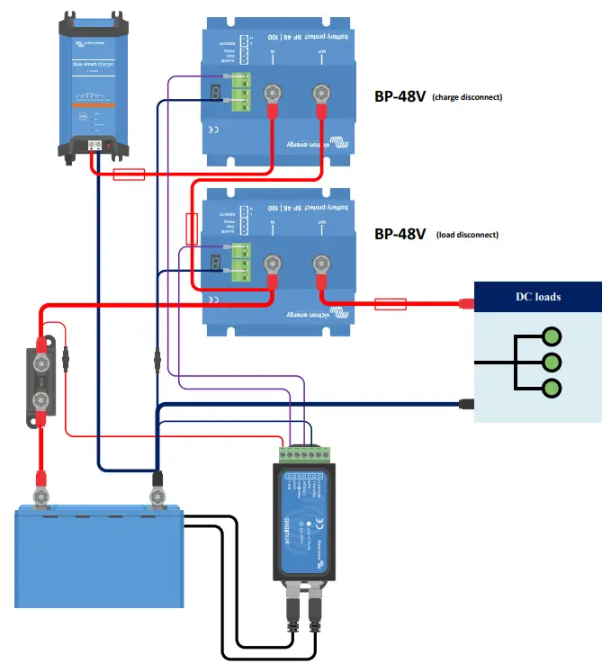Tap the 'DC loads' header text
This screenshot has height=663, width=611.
click(537, 296)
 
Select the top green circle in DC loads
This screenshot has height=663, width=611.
click(552, 336)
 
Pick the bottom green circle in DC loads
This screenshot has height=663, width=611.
click(552, 390)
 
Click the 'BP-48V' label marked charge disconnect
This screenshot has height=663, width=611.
click(400, 95)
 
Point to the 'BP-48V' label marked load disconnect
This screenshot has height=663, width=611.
click(400, 234)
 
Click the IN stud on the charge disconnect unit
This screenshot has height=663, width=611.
click(271, 94)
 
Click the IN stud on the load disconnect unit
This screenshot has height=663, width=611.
click(271, 264)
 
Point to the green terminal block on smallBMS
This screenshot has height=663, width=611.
click(302, 452)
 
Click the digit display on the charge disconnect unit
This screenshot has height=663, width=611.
click(215, 94)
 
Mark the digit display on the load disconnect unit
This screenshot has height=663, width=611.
click(215, 263)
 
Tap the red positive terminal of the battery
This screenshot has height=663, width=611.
click(40, 494)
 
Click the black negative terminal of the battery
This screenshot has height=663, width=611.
click(157, 494)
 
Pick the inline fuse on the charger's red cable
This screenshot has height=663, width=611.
click(129, 175)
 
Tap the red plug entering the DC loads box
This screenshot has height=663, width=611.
click(465, 303)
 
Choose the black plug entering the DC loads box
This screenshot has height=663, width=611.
click(465, 404)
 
